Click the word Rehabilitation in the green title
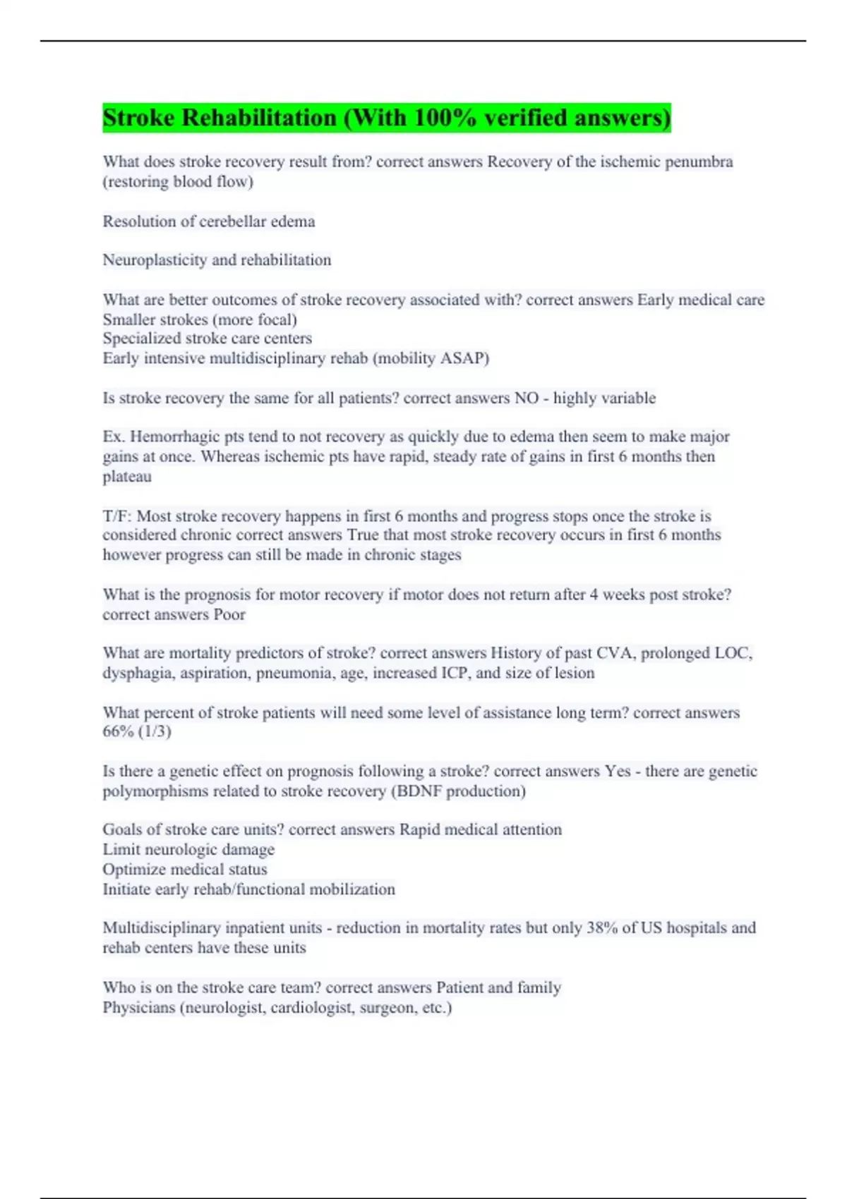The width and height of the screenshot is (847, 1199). [259, 118]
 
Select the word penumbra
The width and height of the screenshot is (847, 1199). [699, 162]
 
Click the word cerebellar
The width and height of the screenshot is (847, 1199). [234, 221]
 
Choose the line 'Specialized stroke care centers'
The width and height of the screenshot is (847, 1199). [207, 339]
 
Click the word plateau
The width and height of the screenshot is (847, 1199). [127, 477]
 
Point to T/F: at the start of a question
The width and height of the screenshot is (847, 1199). [116, 516]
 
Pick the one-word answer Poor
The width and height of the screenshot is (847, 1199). [229, 614]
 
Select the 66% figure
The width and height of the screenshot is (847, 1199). [118, 731]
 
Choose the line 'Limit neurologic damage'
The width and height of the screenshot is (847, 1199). [188, 850]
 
